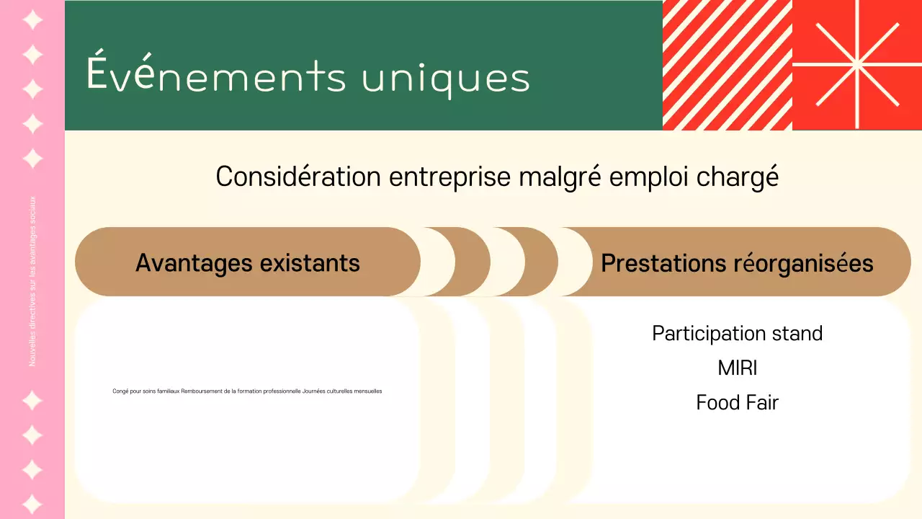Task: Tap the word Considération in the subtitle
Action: point(298,177)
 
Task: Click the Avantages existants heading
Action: point(248,262)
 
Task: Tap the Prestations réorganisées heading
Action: point(737,263)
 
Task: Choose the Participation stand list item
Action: point(737,333)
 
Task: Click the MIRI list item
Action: point(737,368)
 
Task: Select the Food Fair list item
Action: point(737,402)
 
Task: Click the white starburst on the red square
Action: point(857,65)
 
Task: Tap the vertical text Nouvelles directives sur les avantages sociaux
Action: point(32,281)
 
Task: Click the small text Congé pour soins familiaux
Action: point(146,391)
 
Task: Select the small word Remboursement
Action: point(200,391)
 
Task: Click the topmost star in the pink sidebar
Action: point(32,19)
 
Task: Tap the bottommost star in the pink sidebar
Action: point(32,504)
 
